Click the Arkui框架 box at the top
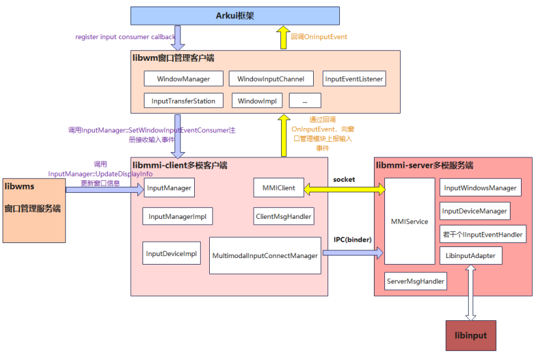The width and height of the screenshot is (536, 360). [x=235, y=16]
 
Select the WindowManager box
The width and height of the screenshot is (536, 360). [x=183, y=79]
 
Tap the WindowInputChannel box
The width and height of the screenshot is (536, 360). [x=271, y=79]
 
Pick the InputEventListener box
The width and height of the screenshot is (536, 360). [x=354, y=79]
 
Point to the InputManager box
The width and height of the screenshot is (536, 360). [x=169, y=188]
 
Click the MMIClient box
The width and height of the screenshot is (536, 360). [x=278, y=188]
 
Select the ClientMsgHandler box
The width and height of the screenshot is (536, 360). [x=283, y=216]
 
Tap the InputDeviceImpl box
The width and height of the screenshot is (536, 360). [x=171, y=254]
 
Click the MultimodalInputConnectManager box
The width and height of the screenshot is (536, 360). [x=265, y=256]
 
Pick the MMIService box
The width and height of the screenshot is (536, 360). [x=409, y=221]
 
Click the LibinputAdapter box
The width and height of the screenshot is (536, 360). [x=470, y=255]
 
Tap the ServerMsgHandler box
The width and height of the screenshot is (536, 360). [x=416, y=281]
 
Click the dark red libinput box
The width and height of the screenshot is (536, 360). [x=470, y=336]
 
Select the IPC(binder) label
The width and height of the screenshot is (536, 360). [x=352, y=240]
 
